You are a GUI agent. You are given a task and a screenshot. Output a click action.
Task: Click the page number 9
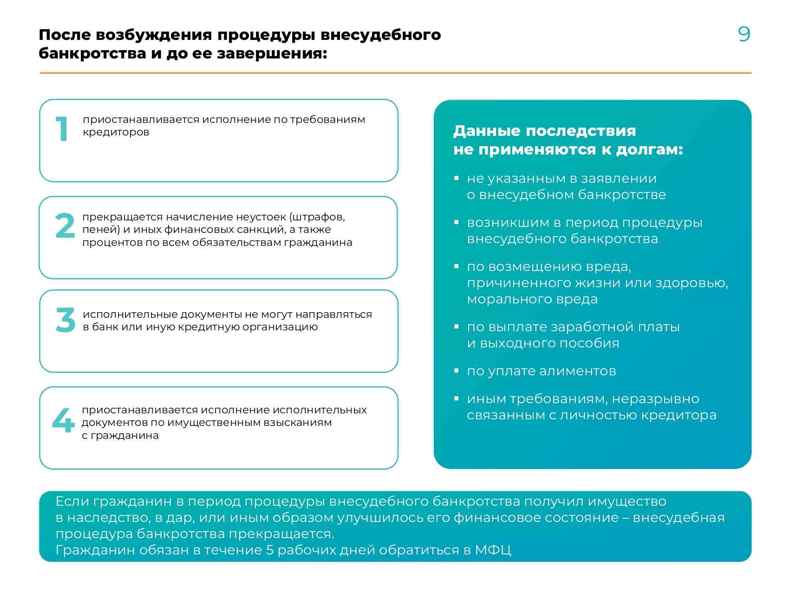click(744, 34)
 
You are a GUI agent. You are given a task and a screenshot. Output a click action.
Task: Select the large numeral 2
click(65, 226)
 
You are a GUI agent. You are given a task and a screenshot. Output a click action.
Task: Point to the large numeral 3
click(65, 320)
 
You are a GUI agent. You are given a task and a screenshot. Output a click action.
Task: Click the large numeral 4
click(63, 420)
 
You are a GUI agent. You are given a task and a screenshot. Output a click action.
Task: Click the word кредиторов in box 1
click(116, 132)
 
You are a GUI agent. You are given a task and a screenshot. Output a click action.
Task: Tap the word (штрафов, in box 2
click(317, 217)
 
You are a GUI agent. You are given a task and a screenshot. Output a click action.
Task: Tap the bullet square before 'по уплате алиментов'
click(457, 371)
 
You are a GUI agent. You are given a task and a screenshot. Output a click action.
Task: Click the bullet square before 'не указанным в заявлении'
click(457, 178)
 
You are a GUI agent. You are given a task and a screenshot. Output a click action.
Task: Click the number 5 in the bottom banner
click(270, 550)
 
